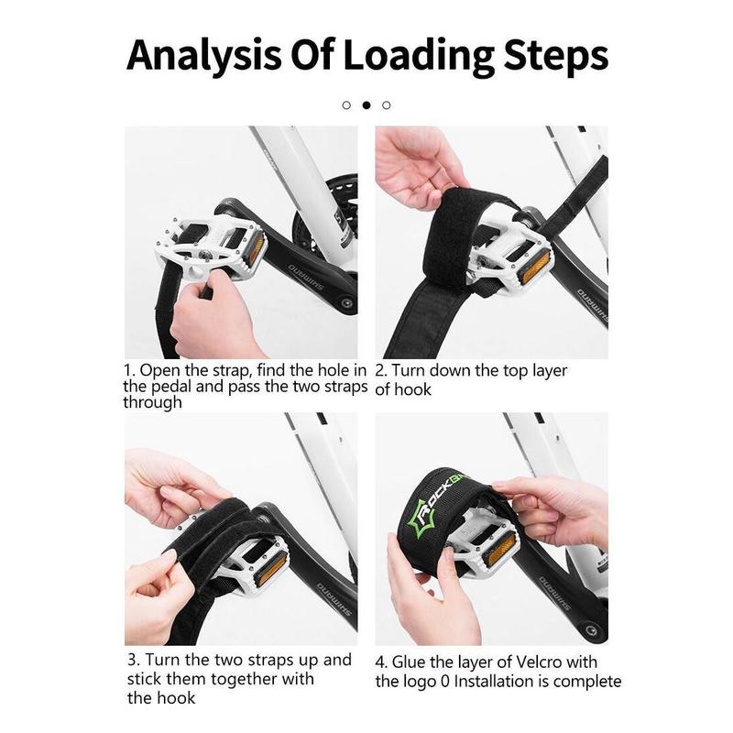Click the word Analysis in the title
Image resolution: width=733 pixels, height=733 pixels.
tap(203, 56)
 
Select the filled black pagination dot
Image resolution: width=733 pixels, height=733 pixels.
tap(366, 105)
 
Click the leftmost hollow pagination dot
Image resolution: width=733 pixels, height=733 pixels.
tap(346, 105)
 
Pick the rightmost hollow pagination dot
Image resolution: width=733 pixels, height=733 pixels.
tap(387, 105)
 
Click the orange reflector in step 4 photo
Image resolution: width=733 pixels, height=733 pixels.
tap(498, 548)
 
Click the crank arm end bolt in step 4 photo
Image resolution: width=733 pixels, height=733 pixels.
tap(591, 630)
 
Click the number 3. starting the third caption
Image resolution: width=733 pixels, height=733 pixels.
tap(134, 660)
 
